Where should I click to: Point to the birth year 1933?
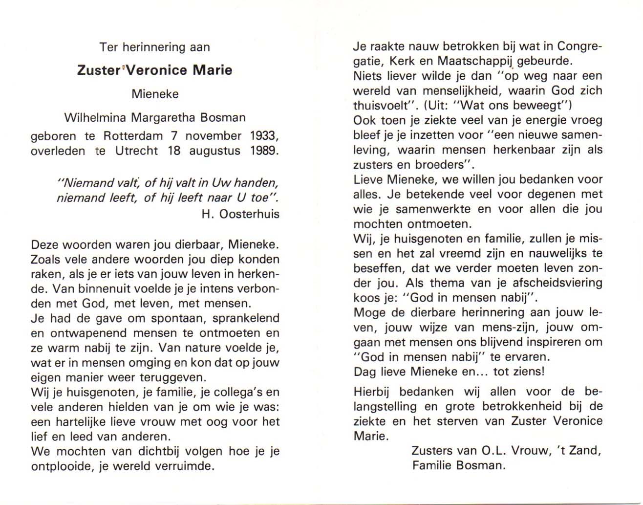[264, 136]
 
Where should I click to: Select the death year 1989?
[264, 151]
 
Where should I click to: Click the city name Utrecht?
[136, 151]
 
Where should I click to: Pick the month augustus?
[215, 151]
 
